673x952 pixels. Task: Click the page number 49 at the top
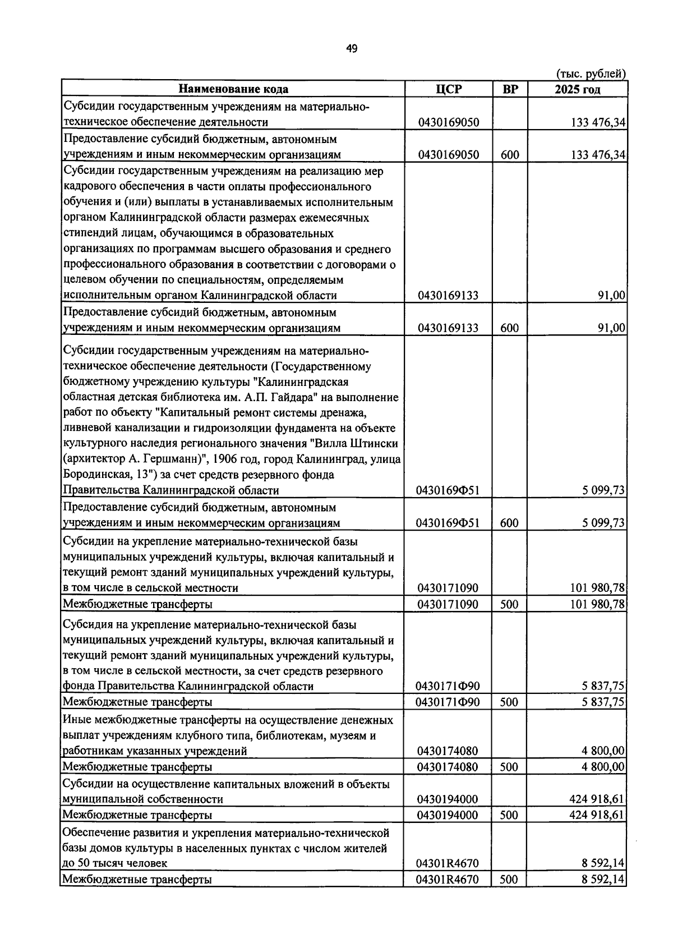pyautogui.click(x=352, y=49)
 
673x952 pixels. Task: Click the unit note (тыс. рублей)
pyautogui.click(x=591, y=73)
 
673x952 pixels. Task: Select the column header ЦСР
pyautogui.click(x=448, y=89)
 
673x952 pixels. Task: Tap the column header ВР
pyautogui.click(x=510, y=89)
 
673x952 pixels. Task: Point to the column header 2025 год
pyautogui.click(x=577, y=89)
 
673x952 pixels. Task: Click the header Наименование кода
pyautogui.click(x=233, y=89)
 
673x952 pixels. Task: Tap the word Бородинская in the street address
pyautogui.click(x=92, y=475)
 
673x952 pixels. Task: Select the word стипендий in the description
pyautogui.click(x=90, y=233)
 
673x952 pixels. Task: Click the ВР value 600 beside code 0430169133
pyautogui.click(x=509, y=328)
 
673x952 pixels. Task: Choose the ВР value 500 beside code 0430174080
pyautogui.click(x=509, y=767)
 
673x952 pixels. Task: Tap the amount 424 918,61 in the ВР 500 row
pyautogui.click(x=597, y=815)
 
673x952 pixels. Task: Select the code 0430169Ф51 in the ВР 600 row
pyautogui.click(x=448, y=523)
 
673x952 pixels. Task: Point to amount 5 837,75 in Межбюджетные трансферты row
pyautogui.click(x=603, y=702)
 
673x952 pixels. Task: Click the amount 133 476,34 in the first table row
pyautogui.click(x=598, y=122)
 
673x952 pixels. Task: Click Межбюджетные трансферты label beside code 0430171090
pyautogui.click(x=137, y=604)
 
